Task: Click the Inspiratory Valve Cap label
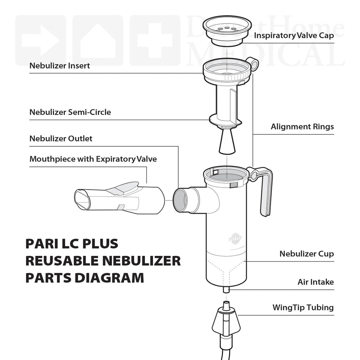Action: point(294,35)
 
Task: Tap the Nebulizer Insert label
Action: point(60,66)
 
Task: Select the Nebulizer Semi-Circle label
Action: point(70,112)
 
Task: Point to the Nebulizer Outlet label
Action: point(61,139)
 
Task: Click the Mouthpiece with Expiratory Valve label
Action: point(93,159)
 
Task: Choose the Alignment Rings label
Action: point(302,127)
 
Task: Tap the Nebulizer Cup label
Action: point(307,254)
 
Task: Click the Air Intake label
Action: point(316,282)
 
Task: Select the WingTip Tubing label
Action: point(303,308)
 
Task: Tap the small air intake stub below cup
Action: point(226,290)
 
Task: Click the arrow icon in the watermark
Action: point(40,40)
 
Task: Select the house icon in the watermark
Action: point(98,40)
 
